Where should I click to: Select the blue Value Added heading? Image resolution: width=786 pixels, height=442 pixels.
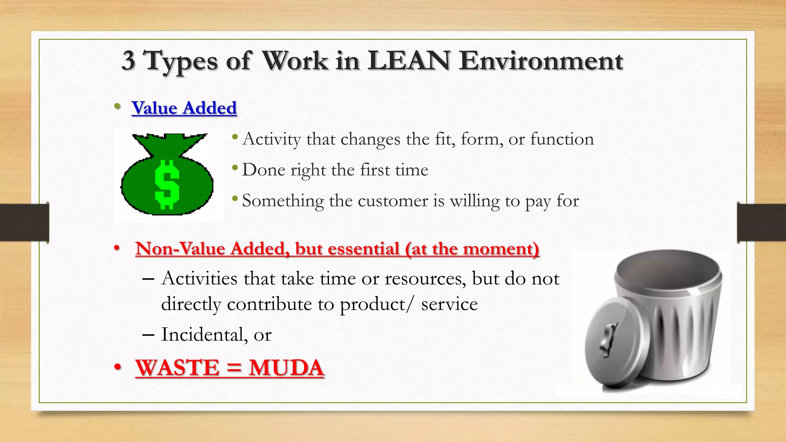pos(184,108)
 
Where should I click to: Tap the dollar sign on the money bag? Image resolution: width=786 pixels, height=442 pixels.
pos(167,184)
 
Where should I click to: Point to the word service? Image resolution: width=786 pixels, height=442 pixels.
pos(449,304)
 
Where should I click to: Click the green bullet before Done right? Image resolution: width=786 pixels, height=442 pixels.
pos(235,168)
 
